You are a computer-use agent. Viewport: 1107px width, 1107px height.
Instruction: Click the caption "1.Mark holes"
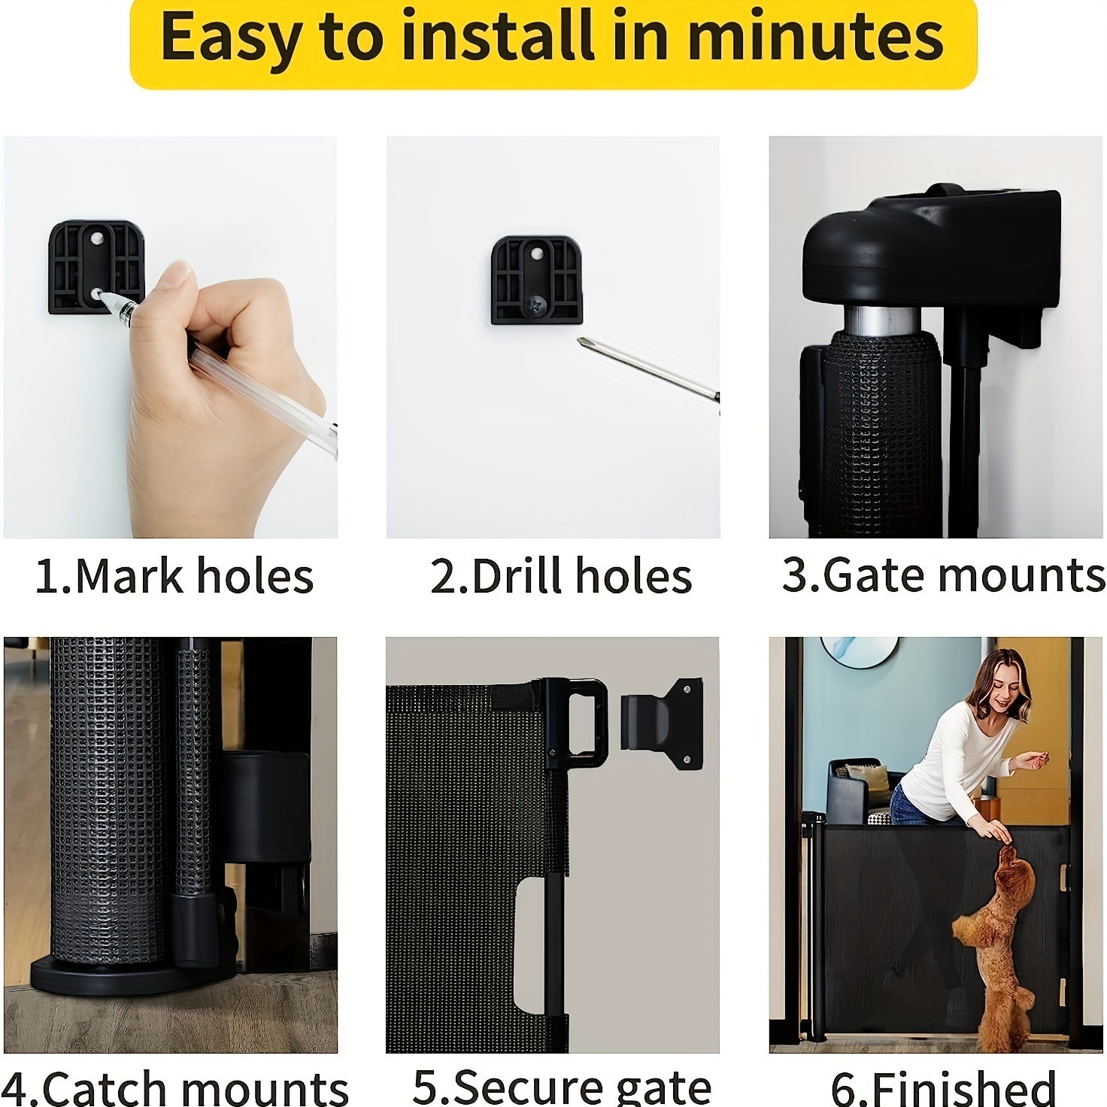coord(174,577)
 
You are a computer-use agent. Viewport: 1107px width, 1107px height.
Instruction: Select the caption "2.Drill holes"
coord(561,577)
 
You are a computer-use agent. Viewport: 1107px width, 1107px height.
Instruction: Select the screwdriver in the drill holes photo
coord(647,368)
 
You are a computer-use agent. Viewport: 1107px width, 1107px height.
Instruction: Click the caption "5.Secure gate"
coord(561,1087)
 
